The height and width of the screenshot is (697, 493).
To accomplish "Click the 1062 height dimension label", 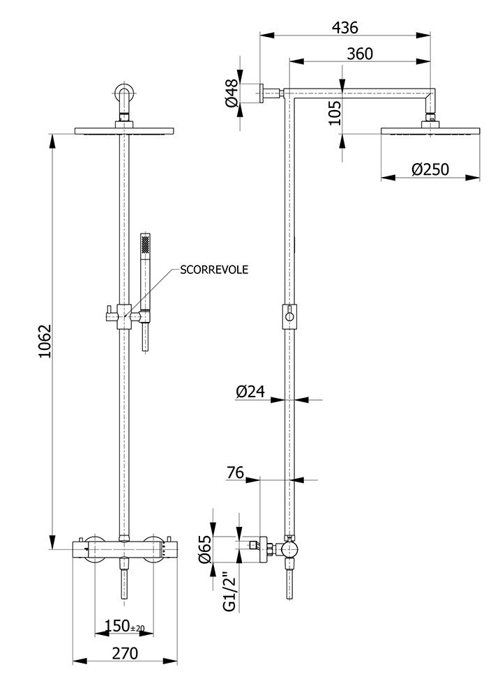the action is pos(45,341).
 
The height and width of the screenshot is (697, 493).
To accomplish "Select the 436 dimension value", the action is pos(345,28).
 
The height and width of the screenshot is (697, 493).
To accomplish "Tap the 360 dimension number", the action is pos(360,54).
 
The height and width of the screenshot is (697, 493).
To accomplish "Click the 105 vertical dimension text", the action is pos(335,113).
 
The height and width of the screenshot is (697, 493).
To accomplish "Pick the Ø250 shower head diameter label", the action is pos(430,169).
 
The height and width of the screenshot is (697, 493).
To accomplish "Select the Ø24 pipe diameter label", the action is pos(250,391).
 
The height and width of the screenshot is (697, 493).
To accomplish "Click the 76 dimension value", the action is pos(236,472).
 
